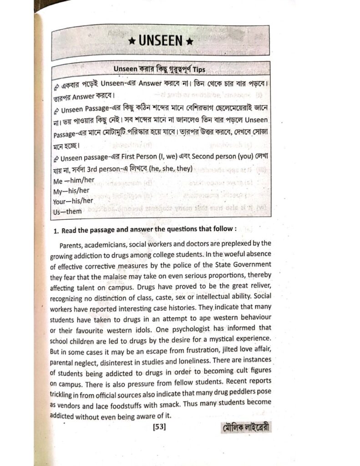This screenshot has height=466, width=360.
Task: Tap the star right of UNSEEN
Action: tap(191, 41)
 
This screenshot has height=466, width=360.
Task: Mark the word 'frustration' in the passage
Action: tap(192, 350)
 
